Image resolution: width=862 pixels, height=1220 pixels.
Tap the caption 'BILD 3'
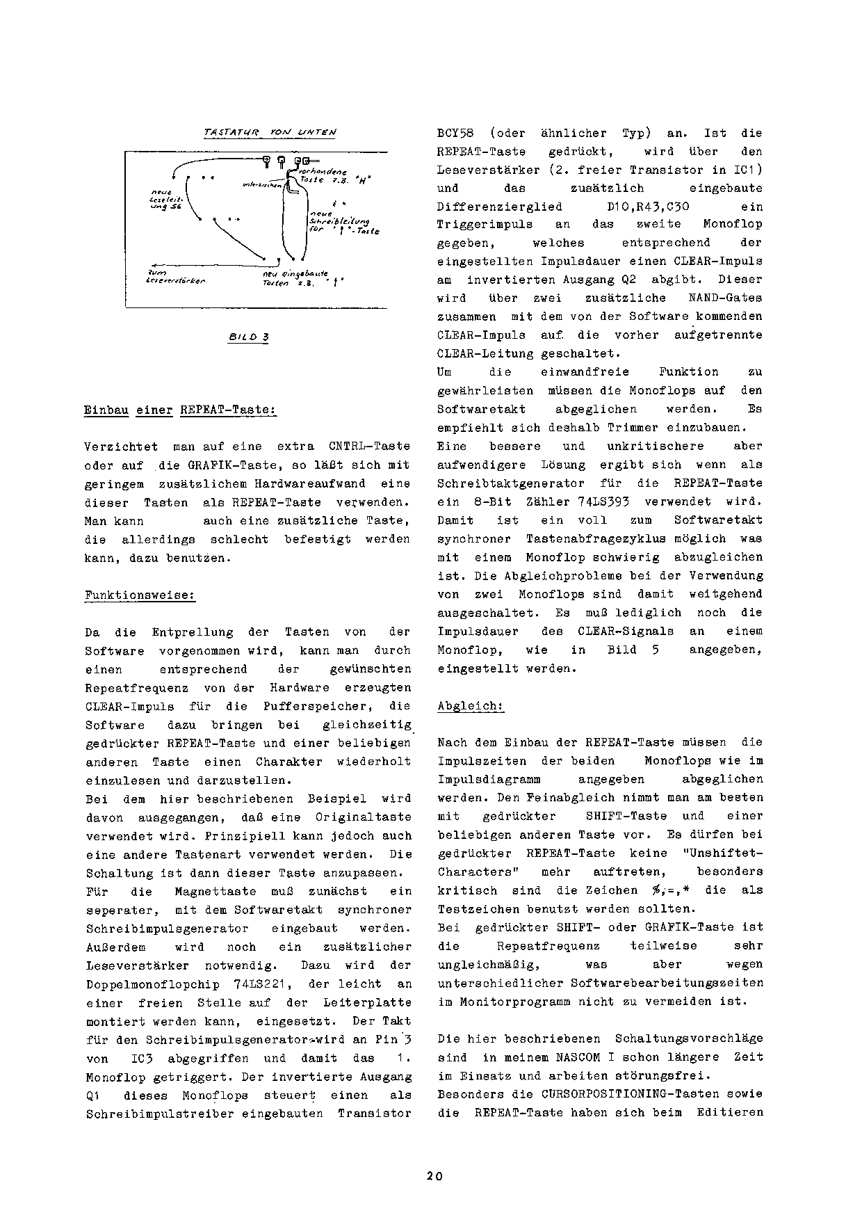coord(248,337)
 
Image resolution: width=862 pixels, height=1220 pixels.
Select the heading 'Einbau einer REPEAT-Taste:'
coord(180,410)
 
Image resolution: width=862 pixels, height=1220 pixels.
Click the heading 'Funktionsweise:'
coord(140,595)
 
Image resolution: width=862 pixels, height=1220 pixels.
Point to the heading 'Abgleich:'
coord(470,706)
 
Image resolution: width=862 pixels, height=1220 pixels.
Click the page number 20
coord(434,1176)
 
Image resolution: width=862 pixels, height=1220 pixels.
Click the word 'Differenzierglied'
coord(499,207)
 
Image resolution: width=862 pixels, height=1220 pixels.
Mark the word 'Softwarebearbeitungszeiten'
coord(666,983)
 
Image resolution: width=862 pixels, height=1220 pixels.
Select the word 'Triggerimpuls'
coord(485,225)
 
